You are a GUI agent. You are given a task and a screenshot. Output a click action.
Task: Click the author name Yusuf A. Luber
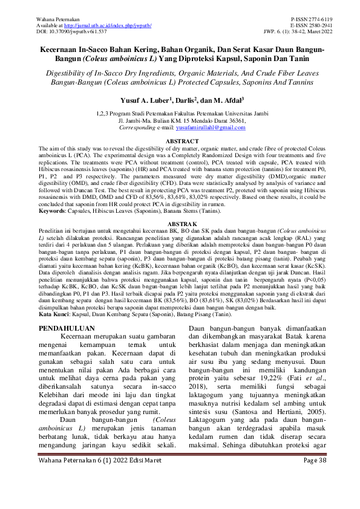(x=143, y=99)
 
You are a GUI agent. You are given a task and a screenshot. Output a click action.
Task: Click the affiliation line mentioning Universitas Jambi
(x=180, y=113)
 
